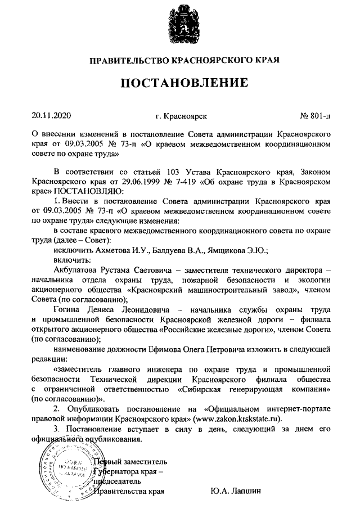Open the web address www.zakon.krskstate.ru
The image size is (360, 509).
click(x=240, y=418)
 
